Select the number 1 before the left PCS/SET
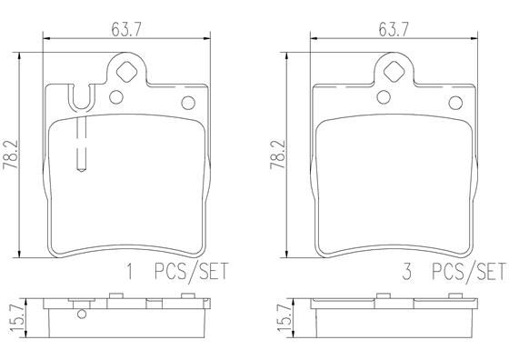tap(130, 269)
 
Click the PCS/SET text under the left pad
tap(188, 269)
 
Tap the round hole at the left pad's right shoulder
tap(189, 102)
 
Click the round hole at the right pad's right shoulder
tap(456, 102)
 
